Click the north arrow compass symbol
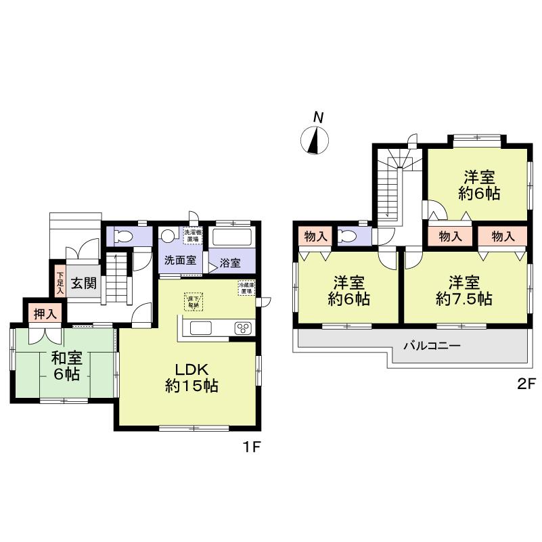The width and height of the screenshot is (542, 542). (315, 139)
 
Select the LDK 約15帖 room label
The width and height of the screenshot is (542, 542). (191, 378)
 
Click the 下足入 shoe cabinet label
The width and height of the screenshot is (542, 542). (60, 282)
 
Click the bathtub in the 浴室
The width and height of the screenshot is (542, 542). (231, 238)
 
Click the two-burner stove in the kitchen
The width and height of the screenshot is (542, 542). (242, 328)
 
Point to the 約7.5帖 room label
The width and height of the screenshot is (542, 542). (464, 290)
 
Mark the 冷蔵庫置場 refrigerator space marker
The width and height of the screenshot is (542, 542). (246, 287)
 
